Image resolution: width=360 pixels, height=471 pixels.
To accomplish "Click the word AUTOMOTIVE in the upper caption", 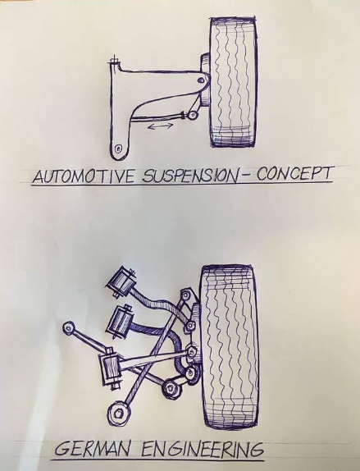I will pyautogui.click(x=84, y=175).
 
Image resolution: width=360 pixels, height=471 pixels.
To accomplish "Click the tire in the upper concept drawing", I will pyautogui.click(x=233, y=82).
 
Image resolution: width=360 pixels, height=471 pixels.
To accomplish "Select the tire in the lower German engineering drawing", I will pyautogui.click(x=230, y=336).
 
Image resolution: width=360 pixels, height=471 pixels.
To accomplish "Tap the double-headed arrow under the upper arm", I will pyautogui.click(x=161, y=126).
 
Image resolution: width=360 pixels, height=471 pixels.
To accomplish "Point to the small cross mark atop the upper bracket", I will pyautogui.click(x=115, y=60).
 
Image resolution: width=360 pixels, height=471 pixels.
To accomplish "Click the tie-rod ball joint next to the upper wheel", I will pyautogui.click(x=192, y=116).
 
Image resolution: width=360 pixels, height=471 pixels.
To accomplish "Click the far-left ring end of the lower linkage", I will pyautogui.click(x=69, y=327).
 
